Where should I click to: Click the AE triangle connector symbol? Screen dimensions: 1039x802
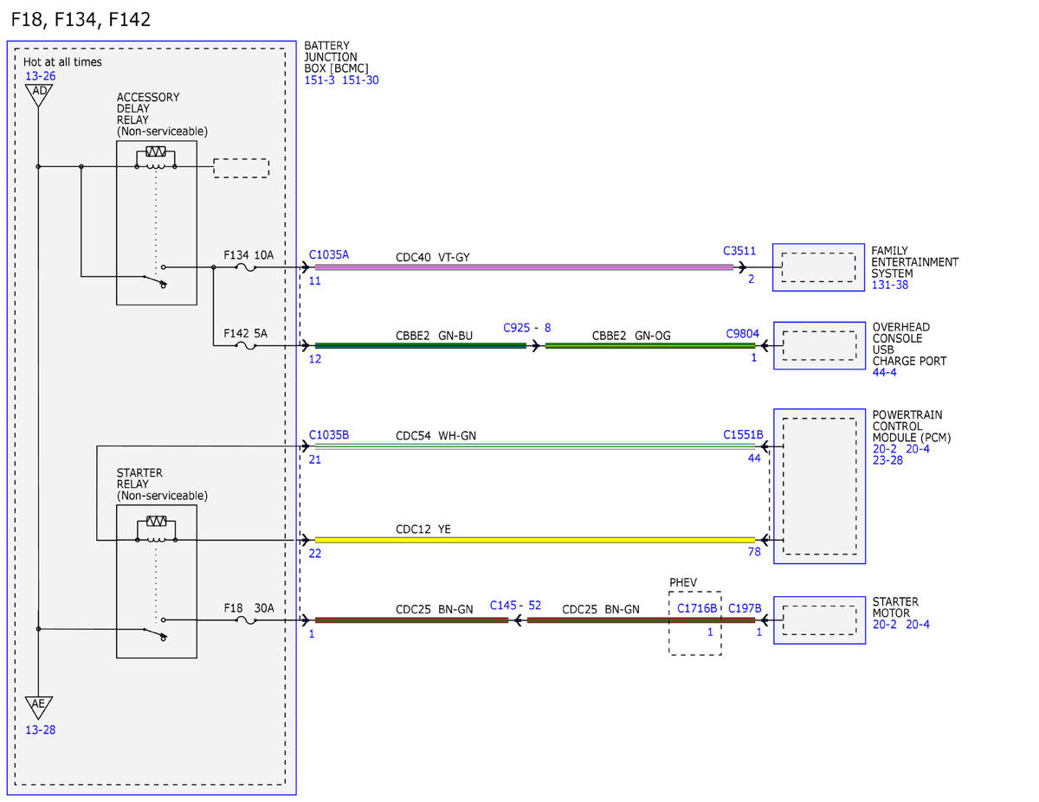pos(39,707)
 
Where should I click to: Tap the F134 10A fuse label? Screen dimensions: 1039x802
pos(248,255)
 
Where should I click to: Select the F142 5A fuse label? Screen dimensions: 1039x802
pos(245,333)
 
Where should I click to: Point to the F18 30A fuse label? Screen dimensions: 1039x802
pos(248,608)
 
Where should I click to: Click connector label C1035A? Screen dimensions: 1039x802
pos(328,254)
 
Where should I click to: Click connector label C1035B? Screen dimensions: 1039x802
pos(328,434)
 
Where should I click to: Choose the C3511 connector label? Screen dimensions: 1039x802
pos(739,251)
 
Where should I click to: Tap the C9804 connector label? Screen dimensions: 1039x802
pos(742,333)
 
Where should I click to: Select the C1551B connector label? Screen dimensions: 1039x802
pos(743,434)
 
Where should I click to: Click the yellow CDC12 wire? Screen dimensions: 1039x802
pos(534,540)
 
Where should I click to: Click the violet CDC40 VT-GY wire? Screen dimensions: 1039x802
pos(524,267)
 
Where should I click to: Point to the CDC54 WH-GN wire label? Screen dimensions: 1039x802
pos(436,436)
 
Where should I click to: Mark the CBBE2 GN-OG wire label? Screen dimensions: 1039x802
pos(631,336)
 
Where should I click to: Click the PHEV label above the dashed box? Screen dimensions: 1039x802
pos(683,582)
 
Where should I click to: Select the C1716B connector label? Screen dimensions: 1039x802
pos(697,608)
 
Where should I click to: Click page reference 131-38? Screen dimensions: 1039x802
pos(889,285)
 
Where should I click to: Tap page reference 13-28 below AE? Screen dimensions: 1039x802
pos(40,730)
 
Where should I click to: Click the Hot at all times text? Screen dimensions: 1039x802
pos(62,61)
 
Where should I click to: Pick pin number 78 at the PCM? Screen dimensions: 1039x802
pos(754,552)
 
